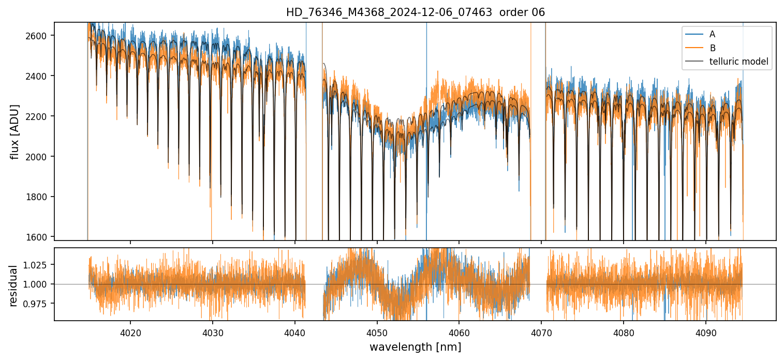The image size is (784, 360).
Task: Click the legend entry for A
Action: point(712,34)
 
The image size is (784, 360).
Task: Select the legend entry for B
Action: point(712,48)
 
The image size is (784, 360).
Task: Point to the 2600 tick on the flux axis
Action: point(39,36)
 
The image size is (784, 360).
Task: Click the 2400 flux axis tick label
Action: point(39,76)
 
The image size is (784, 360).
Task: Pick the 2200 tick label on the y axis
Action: point(39,116)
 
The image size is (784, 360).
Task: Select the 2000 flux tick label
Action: point(39,157)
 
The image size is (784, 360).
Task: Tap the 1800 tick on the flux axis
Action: point(39,197)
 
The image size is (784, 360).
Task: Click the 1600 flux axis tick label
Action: point(39,237)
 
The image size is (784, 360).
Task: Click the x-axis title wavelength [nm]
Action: point(415,347)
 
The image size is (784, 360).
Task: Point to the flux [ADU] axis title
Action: point(15,131)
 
